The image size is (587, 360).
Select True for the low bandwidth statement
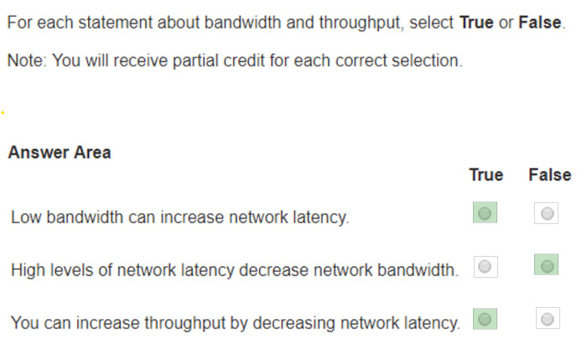pos(485,213)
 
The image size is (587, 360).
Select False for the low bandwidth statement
pos(547,213)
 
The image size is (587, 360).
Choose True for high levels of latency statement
pos(486,267)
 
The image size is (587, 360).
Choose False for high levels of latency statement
pos(547,265)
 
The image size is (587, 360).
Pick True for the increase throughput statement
pos(485,319)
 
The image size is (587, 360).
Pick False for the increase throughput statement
pos(548,318)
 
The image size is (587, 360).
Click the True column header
pos(486,175)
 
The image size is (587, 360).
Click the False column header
pos(549,175)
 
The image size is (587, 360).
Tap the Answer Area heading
pos(60,153)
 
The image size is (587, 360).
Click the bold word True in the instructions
pos(476,23)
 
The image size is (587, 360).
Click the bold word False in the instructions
pos(540,23)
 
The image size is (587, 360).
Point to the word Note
pos(25,60)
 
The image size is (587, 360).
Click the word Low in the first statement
pos(26,217)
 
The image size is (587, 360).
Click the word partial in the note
pos(195,61)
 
